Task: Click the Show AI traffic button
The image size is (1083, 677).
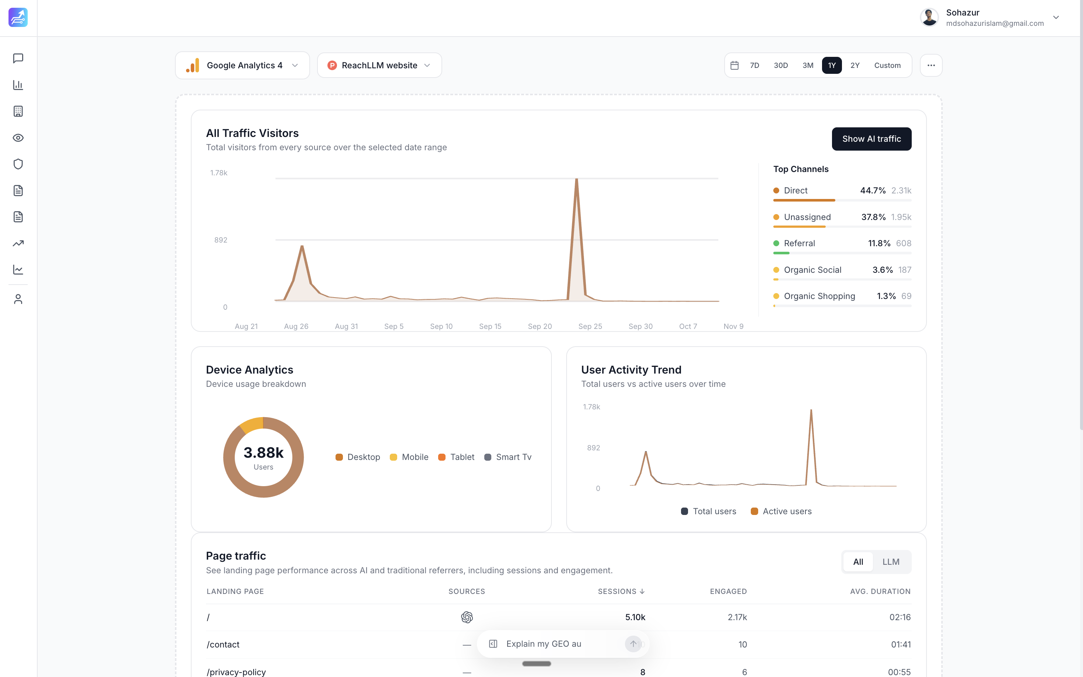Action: (871, 139)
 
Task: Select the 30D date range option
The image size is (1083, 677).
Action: (780, 65)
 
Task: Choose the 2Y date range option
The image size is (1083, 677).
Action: (855, 65)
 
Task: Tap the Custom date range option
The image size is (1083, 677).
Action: (887, 65)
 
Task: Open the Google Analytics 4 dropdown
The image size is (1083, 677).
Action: (242, 65)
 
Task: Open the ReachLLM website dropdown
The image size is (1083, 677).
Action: (379, 65)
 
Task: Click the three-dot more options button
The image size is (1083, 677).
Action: (931, 65)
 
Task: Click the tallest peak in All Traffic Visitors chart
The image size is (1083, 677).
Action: (576, 180)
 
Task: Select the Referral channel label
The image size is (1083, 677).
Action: (799, 243)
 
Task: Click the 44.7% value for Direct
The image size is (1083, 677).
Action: (873, 190)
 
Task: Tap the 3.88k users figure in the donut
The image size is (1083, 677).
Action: (263, 453)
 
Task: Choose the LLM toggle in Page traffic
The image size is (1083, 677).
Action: (890, 562)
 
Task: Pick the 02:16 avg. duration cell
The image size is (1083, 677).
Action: (900, 617)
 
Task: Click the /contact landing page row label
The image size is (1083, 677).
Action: (223, 644)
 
